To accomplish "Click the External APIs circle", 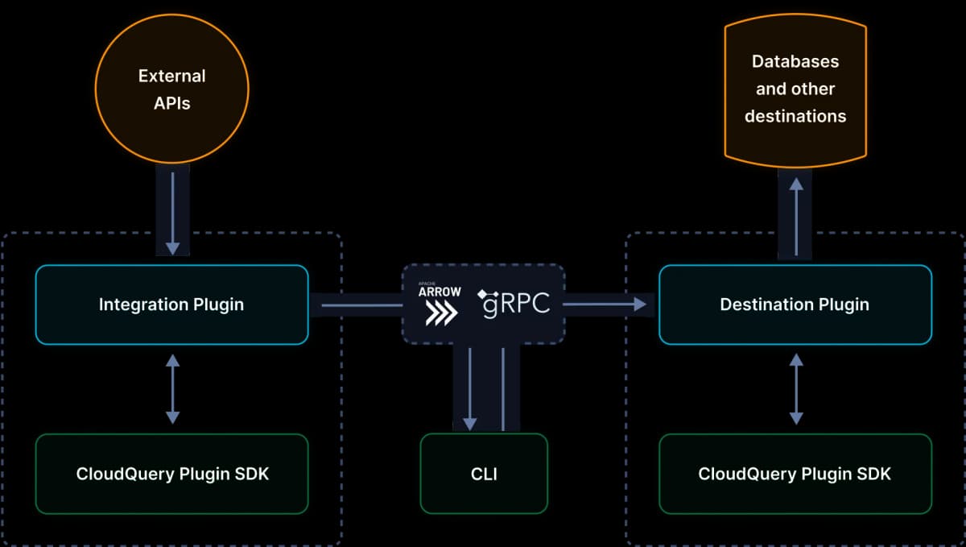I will point(171,89).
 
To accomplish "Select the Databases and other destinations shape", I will point(795,89).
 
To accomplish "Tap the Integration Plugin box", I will point(171,305).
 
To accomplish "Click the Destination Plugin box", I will point(795,305).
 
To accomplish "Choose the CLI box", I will point(484,474).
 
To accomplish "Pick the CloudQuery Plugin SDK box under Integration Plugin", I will point(171,474).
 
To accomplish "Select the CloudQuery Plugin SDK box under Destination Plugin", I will point(795,474).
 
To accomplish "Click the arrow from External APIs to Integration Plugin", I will point(172,209).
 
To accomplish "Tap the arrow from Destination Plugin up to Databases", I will point(796,216).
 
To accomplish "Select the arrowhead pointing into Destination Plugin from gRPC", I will point(640,305).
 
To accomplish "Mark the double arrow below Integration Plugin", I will point(172,389).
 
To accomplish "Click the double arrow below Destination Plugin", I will point(796,389).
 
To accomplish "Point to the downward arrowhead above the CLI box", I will point(471,423).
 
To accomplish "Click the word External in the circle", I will point(171,77).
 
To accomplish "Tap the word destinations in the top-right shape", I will point(795,116).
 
